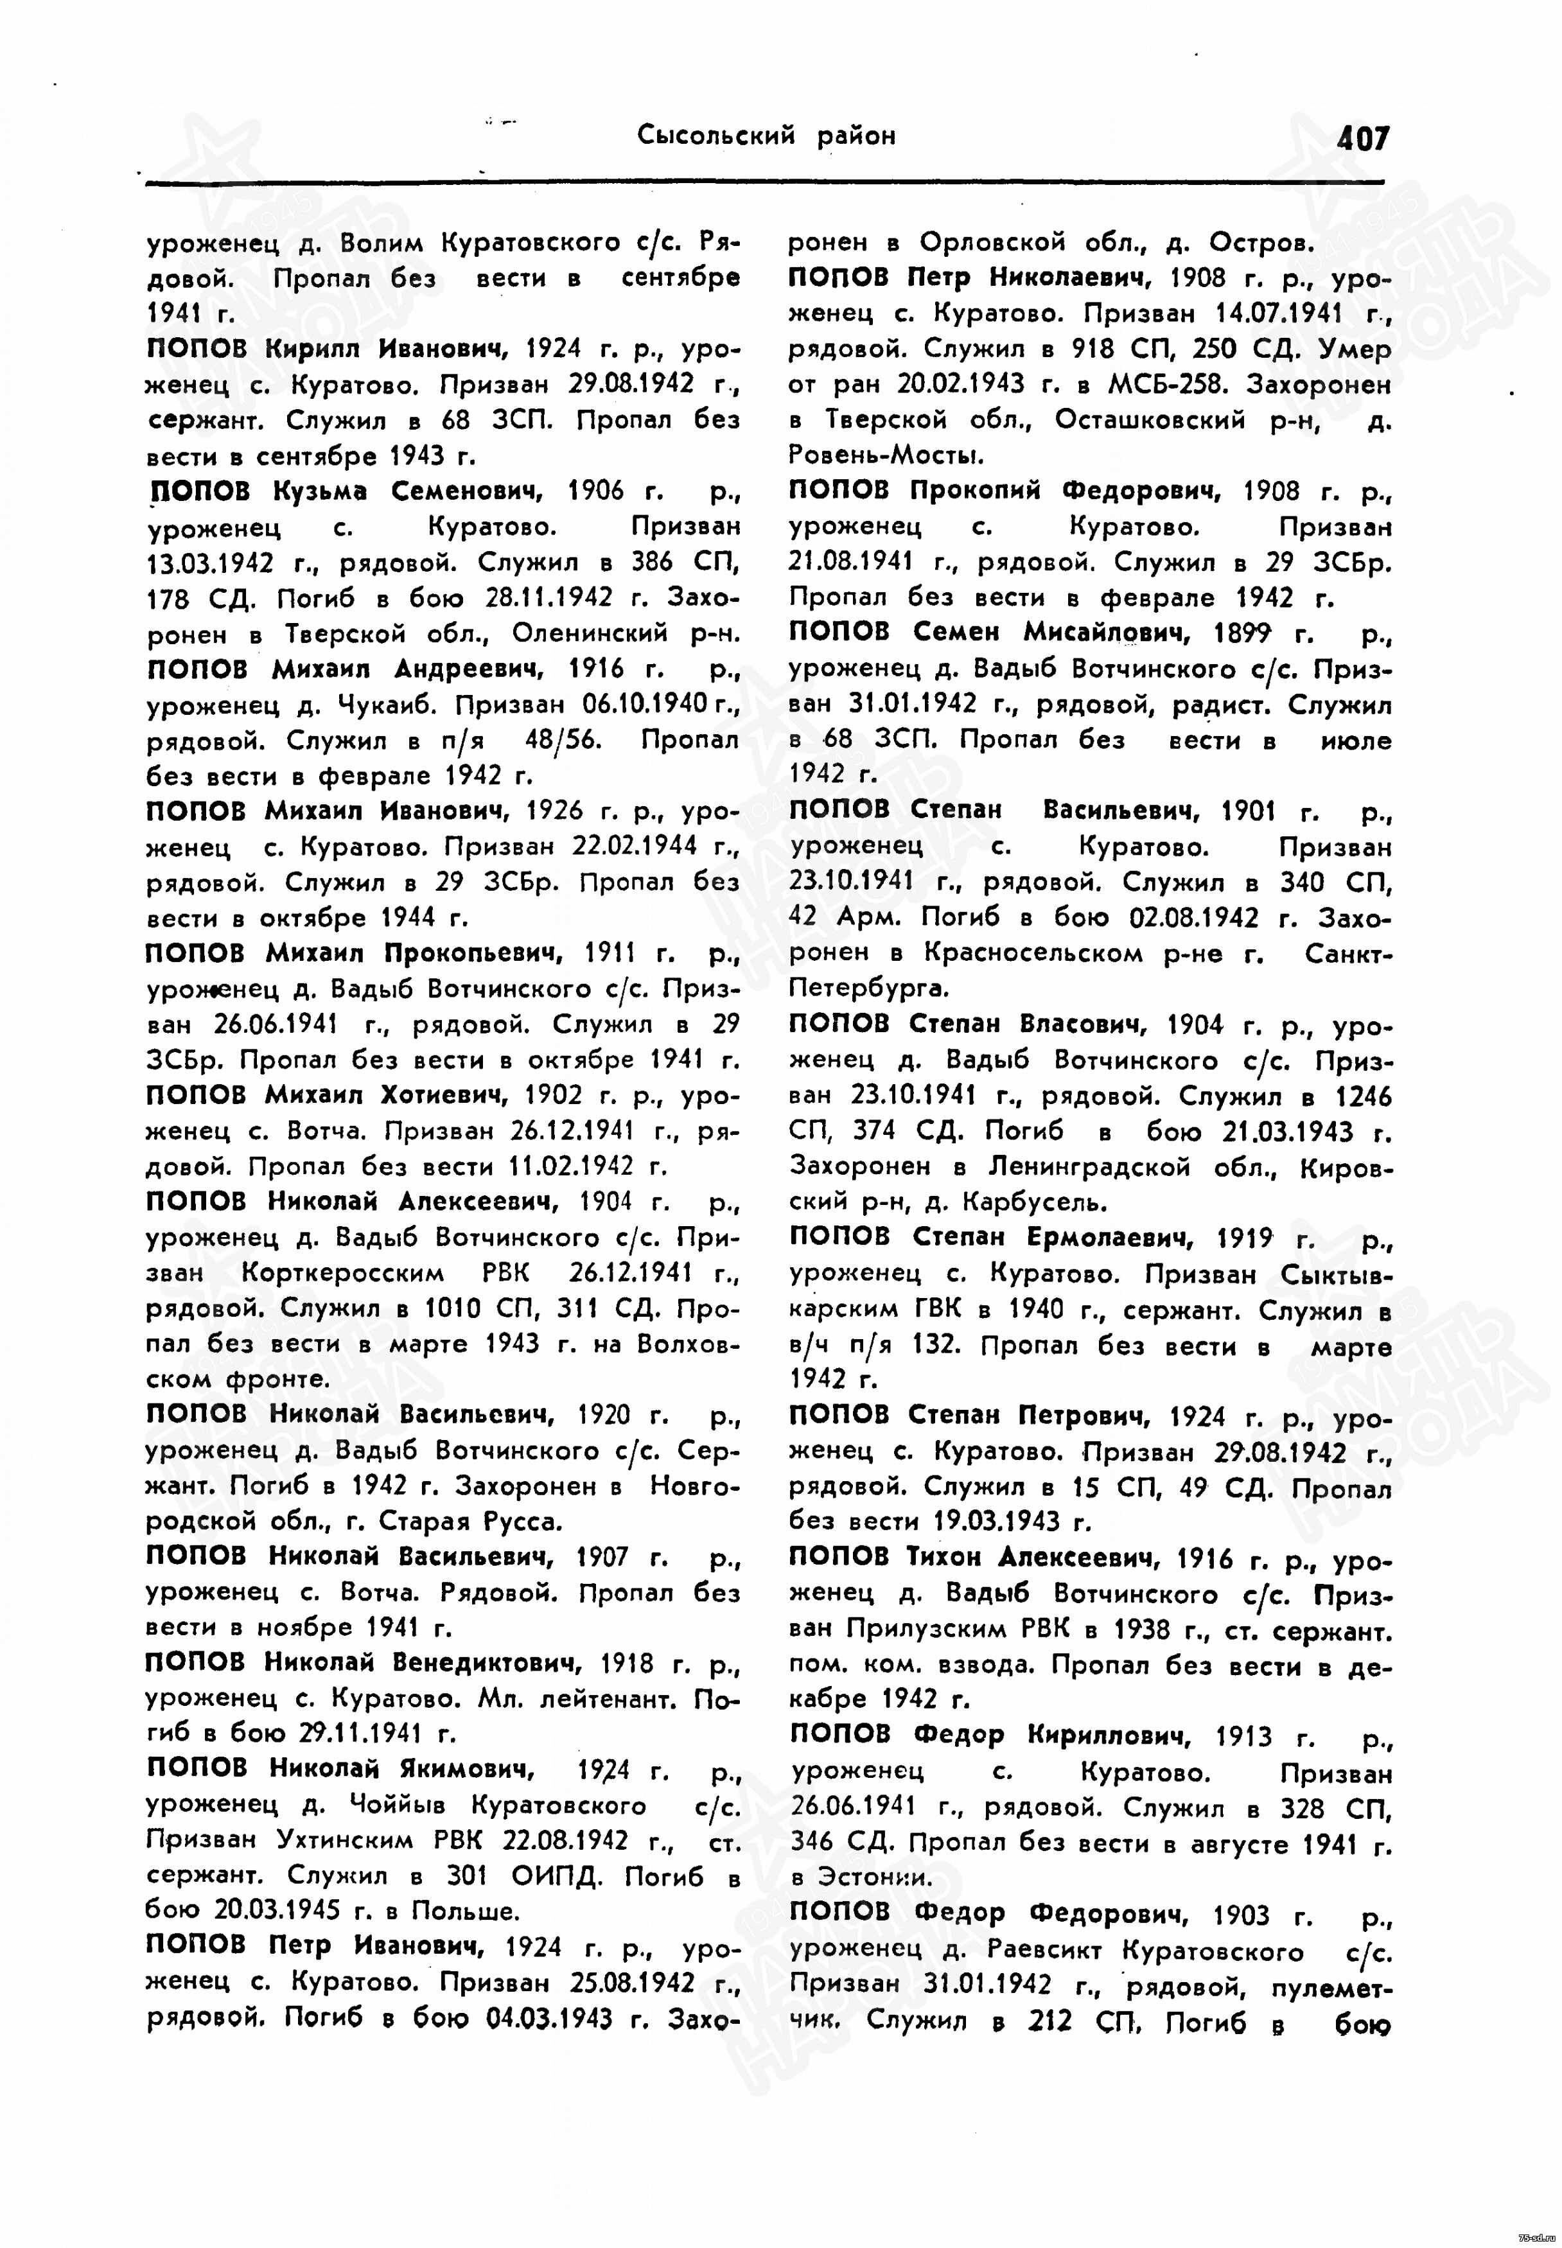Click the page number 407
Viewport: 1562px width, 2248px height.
[1362, 138]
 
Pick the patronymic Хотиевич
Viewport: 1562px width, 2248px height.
[435, 1094]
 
